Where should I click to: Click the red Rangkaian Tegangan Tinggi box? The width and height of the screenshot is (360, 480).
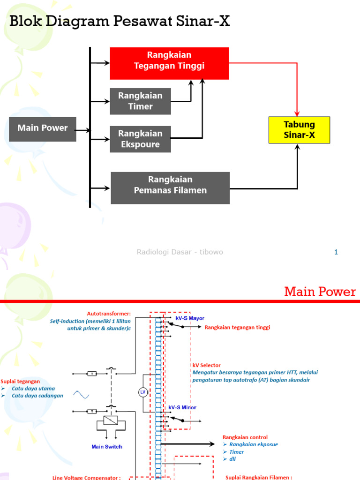[x=169, y=63]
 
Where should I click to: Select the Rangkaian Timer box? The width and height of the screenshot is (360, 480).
[x=140, y=101]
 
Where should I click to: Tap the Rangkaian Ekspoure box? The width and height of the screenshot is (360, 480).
[x=140, y=139]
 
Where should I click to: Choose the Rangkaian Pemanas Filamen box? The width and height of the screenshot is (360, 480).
[x=170, y=187]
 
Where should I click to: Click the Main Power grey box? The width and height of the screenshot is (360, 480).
[x=43, y=129]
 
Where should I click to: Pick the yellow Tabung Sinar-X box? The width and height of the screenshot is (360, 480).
[x=299, y=130]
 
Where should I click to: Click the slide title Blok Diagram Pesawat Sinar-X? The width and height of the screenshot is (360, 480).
[x=120, y=21]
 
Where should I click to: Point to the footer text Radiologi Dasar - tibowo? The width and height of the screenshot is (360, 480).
[x=180, y=252]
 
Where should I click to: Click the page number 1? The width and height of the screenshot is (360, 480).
[x=336, y=252]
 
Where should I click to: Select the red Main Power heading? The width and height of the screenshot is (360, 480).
[x=320, y=292]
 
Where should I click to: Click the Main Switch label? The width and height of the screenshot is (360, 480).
[x=107, y=447]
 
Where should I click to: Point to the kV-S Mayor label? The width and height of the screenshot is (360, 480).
[x=190, y=318]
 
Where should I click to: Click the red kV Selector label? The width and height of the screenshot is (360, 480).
[x=206, y=365]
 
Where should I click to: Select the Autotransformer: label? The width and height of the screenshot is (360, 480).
[x=109, y=314]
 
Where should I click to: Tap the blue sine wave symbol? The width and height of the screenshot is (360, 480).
[x=81, y=395]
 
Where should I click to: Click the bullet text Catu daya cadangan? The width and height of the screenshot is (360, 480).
[x=37, y=396]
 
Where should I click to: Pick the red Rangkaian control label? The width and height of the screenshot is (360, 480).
[x=245, y=437]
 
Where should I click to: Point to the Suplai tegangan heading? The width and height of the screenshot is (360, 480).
[x=20, y=381]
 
